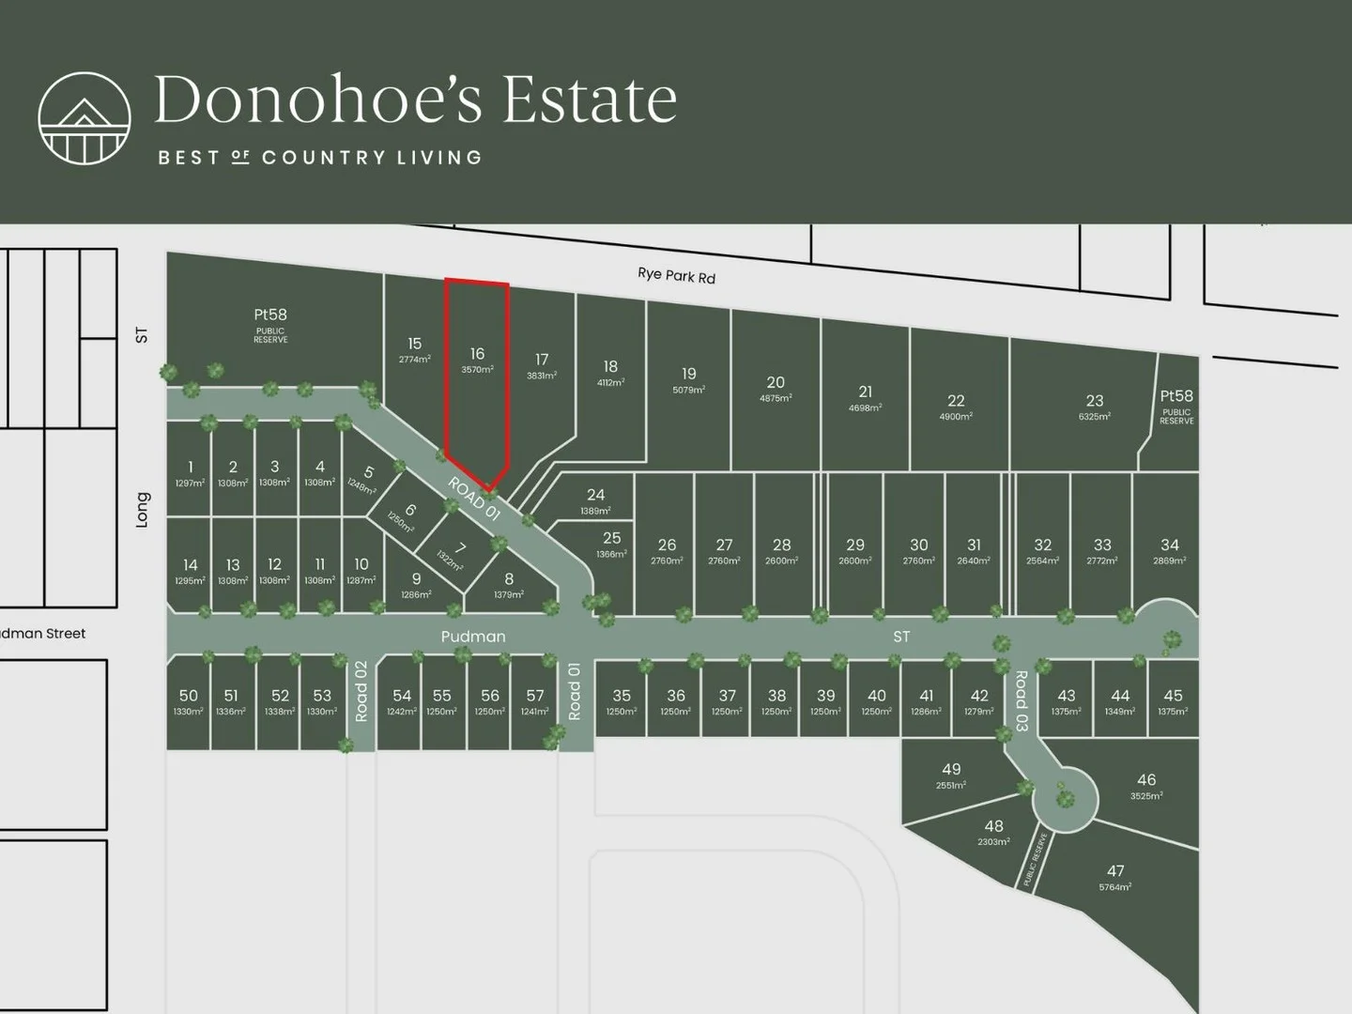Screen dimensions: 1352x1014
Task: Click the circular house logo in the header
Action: click(x=84, y=117)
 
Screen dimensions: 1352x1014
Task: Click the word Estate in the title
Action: click(x=590, y=100)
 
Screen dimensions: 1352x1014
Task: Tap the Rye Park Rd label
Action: click(x=676, y=275)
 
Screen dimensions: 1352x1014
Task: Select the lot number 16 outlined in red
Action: click(x=477, y=354)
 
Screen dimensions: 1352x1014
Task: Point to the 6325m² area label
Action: click(x=1094, y=416)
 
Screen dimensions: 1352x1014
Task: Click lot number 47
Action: click(x=1115, y=871)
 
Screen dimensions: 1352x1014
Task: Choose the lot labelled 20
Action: click(x=776, y=382)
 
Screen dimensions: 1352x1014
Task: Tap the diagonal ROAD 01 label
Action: click(x=474, y=499)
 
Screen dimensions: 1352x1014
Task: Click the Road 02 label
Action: click(x=361, y=691)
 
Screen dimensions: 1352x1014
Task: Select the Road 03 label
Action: click(x=1022, y=700)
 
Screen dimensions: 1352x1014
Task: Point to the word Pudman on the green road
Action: click(x=473, y=637)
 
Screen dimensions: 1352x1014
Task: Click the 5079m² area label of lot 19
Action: click(x=688, y=390)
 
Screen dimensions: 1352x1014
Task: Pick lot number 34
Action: click(x=1169, y=545)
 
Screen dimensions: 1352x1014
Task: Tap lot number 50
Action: click(x=189, y=696)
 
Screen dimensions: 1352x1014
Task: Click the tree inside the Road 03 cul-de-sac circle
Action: click(x=1065, y=799)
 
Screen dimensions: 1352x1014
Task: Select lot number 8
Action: click(x=509, y=579)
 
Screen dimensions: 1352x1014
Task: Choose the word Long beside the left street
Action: click(x=143, y=510)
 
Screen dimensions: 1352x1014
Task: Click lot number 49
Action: click(x=951, y=769)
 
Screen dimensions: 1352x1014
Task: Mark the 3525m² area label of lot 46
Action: click(x=1145, y=796)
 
